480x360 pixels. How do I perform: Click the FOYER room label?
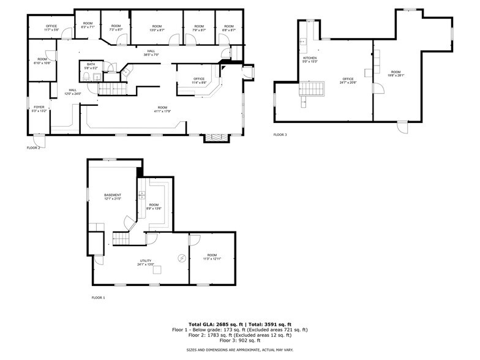39,109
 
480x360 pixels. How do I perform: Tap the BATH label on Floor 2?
91,66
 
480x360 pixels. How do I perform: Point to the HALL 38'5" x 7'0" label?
151,53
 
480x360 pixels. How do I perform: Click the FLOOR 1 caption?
98,298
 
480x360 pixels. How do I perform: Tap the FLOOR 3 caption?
280,135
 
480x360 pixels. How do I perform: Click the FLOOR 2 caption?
33,148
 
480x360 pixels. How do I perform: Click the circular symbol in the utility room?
182,258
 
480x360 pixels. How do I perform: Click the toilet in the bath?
88,77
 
